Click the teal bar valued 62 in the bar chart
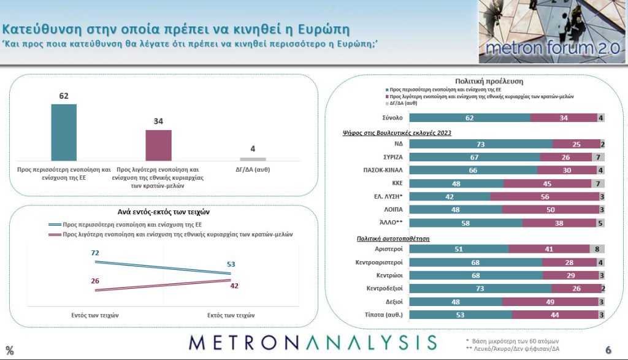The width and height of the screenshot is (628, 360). click(64, 132)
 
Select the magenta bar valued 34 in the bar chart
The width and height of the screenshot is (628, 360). click(158, 145)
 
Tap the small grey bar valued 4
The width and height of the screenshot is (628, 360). click(253, 159)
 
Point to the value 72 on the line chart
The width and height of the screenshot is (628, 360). click(95, 253)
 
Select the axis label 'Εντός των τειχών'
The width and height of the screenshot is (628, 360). click(95, 315)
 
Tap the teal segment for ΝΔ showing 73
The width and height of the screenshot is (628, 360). click(480, 144)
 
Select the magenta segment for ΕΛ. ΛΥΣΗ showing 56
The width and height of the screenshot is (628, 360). click(545, 196)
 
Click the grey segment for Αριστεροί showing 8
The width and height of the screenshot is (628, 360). click(598, 249)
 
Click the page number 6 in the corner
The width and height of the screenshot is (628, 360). click(608, 350)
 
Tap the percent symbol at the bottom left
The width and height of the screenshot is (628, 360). click(10, 351)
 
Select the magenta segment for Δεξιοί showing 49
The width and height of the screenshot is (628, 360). click(550, 302)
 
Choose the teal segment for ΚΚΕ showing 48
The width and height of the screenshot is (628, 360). click(456, 183)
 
